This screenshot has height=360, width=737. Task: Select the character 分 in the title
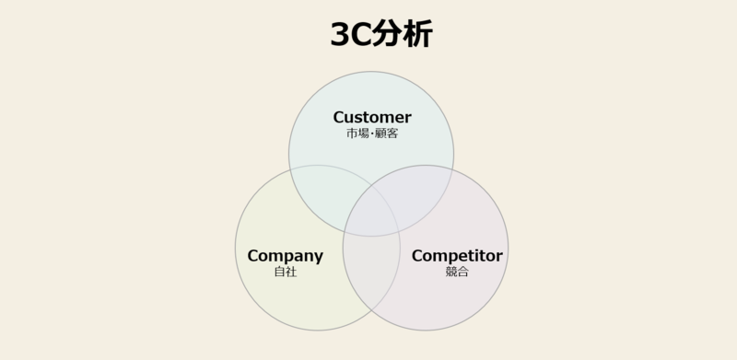388,34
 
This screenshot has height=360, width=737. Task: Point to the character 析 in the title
418,34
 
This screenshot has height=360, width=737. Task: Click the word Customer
372,117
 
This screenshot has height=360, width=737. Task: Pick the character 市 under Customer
350,134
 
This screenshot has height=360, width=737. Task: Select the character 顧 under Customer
380,134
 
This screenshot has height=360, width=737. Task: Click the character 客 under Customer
392,134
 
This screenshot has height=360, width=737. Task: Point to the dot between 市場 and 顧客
371,134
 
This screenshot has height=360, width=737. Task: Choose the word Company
286,256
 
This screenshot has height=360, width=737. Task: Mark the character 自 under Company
279,273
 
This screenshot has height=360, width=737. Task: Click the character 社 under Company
291,273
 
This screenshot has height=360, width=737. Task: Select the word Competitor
457,256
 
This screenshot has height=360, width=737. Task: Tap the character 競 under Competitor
451,273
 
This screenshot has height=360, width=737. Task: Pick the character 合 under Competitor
463,273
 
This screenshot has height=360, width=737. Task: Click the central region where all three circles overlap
372,215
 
